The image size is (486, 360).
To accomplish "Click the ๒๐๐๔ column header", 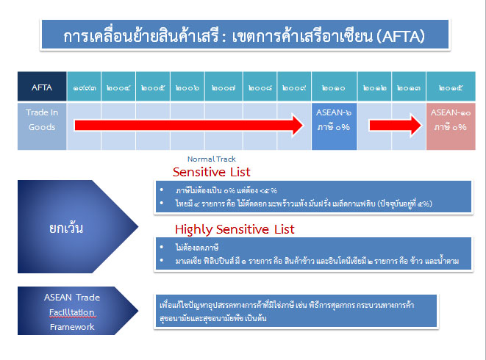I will tap(118, 87).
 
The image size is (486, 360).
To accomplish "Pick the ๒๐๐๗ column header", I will tap(223, 87).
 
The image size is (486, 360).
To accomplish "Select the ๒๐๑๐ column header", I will tap(334, 87).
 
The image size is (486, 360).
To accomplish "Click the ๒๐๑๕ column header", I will tap(450, 87).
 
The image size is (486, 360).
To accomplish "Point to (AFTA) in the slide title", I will tap(399, 35).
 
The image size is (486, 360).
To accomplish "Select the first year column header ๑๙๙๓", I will tap(82, 87).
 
